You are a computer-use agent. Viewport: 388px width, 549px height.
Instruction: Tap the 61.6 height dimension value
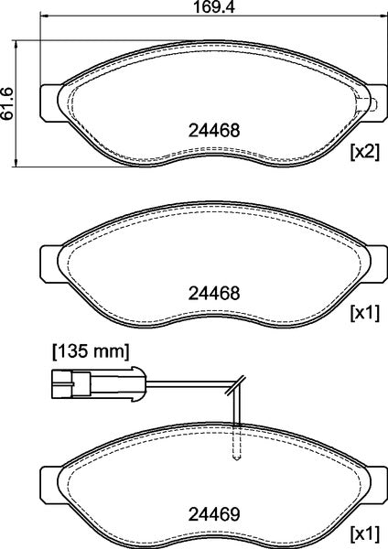[8, 103]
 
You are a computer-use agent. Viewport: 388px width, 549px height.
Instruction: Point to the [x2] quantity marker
[364, 152]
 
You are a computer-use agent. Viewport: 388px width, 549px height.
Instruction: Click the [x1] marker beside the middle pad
[364, 316]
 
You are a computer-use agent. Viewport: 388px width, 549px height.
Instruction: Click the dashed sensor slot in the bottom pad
[236, 443]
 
